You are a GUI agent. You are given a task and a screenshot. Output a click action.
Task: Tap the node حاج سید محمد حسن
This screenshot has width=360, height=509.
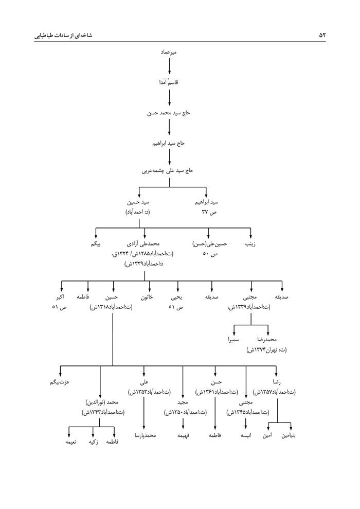169,113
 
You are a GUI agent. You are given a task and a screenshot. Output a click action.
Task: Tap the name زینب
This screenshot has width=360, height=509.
250,244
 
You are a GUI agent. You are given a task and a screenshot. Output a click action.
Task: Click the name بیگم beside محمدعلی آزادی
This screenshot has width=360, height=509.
96,244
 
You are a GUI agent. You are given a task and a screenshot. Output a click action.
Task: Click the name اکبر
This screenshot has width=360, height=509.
61,297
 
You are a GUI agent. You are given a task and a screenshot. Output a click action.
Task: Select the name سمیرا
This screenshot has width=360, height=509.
235,340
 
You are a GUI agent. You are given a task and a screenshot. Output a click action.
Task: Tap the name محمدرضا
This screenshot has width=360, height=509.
268,340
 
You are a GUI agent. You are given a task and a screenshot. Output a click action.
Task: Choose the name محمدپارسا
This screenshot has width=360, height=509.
145,435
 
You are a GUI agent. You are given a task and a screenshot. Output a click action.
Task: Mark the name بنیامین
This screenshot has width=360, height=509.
292,435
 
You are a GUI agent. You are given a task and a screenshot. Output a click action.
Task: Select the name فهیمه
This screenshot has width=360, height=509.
183,435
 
